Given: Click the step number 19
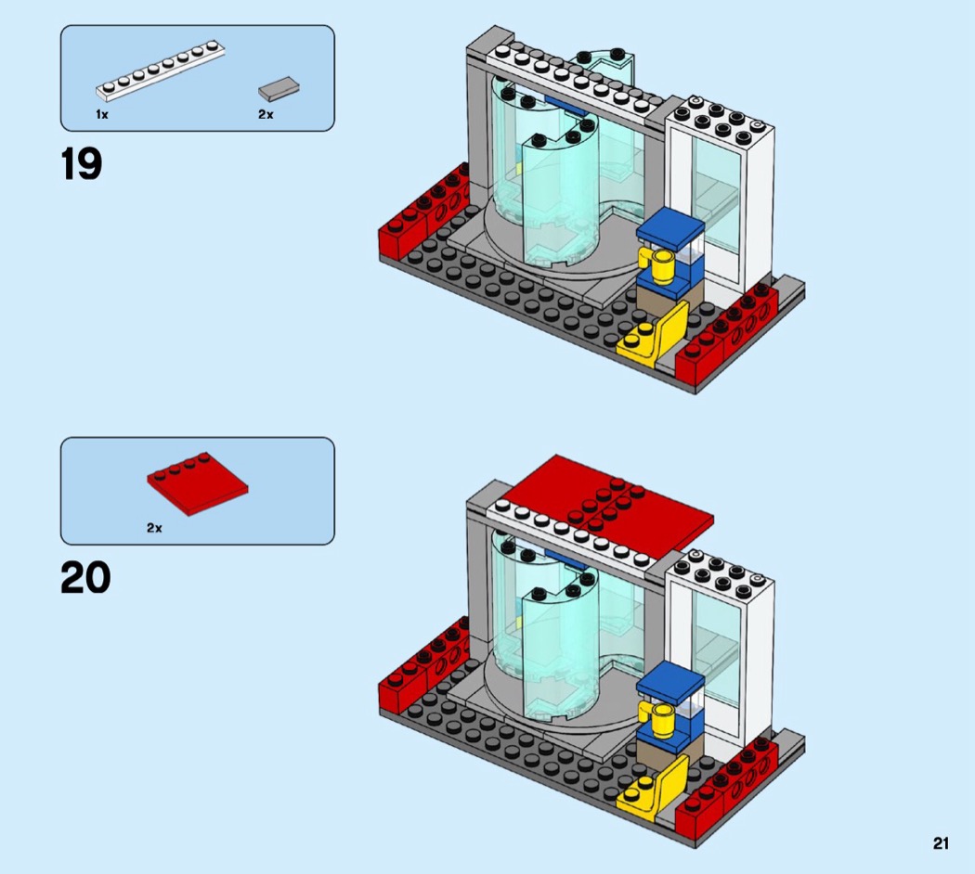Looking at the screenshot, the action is pos(82,164).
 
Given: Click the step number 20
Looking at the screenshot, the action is pos(85,578).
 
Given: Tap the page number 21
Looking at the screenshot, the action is pos(941,843).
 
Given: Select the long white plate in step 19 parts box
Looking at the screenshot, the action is pos(161,71).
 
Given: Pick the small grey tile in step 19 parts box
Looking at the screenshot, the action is pos(279,89).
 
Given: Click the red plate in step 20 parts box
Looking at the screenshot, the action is pos(198,484).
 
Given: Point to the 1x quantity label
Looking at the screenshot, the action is pos(102,114).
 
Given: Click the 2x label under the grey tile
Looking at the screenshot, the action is pos(266,114).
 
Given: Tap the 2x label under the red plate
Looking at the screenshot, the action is pos(154,528).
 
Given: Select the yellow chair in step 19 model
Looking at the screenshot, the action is pos(654,336).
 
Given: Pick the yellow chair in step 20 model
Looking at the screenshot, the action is pos(654,789).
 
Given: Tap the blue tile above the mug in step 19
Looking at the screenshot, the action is pos(669,228).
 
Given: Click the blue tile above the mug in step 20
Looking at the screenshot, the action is pos(669,681).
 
